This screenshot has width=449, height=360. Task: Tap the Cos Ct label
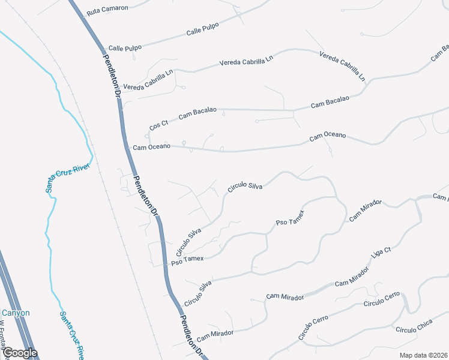[x=159, y=125]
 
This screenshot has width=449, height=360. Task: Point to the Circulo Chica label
[x=414, y=329]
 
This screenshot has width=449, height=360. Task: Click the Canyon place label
[x=16, y=313]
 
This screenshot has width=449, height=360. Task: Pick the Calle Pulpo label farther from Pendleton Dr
[x=202, y=29]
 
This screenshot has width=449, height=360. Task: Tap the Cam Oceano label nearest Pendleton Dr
[x=151, y=146]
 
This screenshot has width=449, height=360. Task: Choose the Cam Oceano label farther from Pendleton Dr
[x=328, y=137]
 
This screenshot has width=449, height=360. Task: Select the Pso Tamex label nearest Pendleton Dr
[x=188, y=260]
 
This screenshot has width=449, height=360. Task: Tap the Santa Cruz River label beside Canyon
[x=71, y=334]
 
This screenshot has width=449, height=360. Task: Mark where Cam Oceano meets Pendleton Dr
[x=128, y=146]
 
